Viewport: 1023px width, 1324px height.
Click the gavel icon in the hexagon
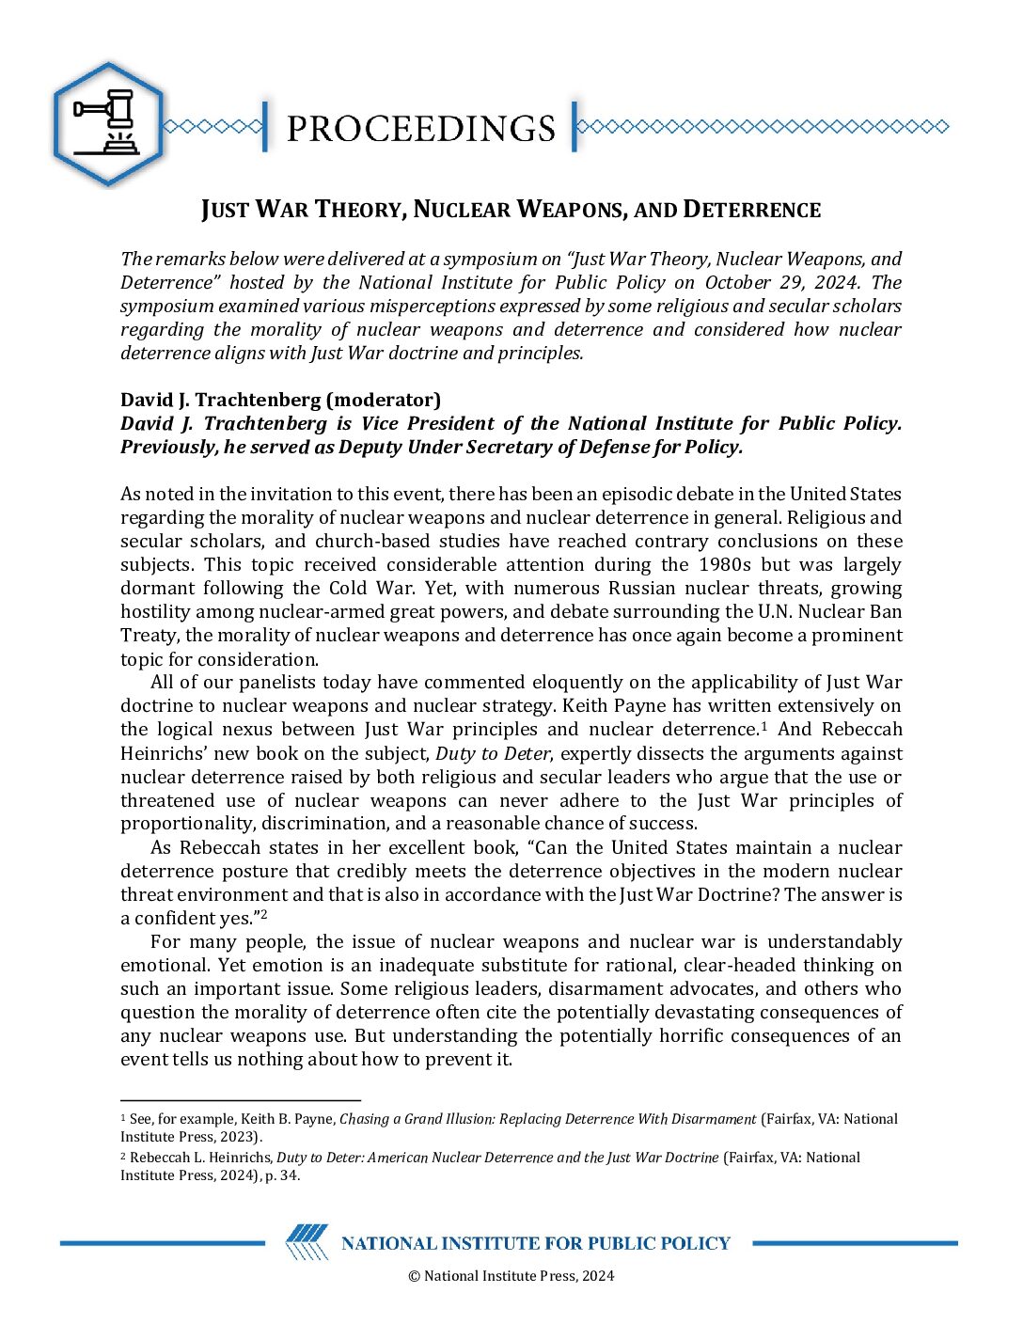[x=107, y=122]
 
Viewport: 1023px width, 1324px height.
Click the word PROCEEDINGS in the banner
[x=420, y=129]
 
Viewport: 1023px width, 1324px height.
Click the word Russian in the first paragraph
[x=641, y=588]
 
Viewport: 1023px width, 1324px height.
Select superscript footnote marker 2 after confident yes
[x=264, y=914]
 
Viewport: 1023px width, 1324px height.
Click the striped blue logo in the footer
[x=307, y=1242]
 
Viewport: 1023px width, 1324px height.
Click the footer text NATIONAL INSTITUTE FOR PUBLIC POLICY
[x=535, y=1243]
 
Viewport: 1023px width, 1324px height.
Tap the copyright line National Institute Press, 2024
[x=511, y=1276]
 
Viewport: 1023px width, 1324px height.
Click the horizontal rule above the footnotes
[x=241, y=1099]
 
